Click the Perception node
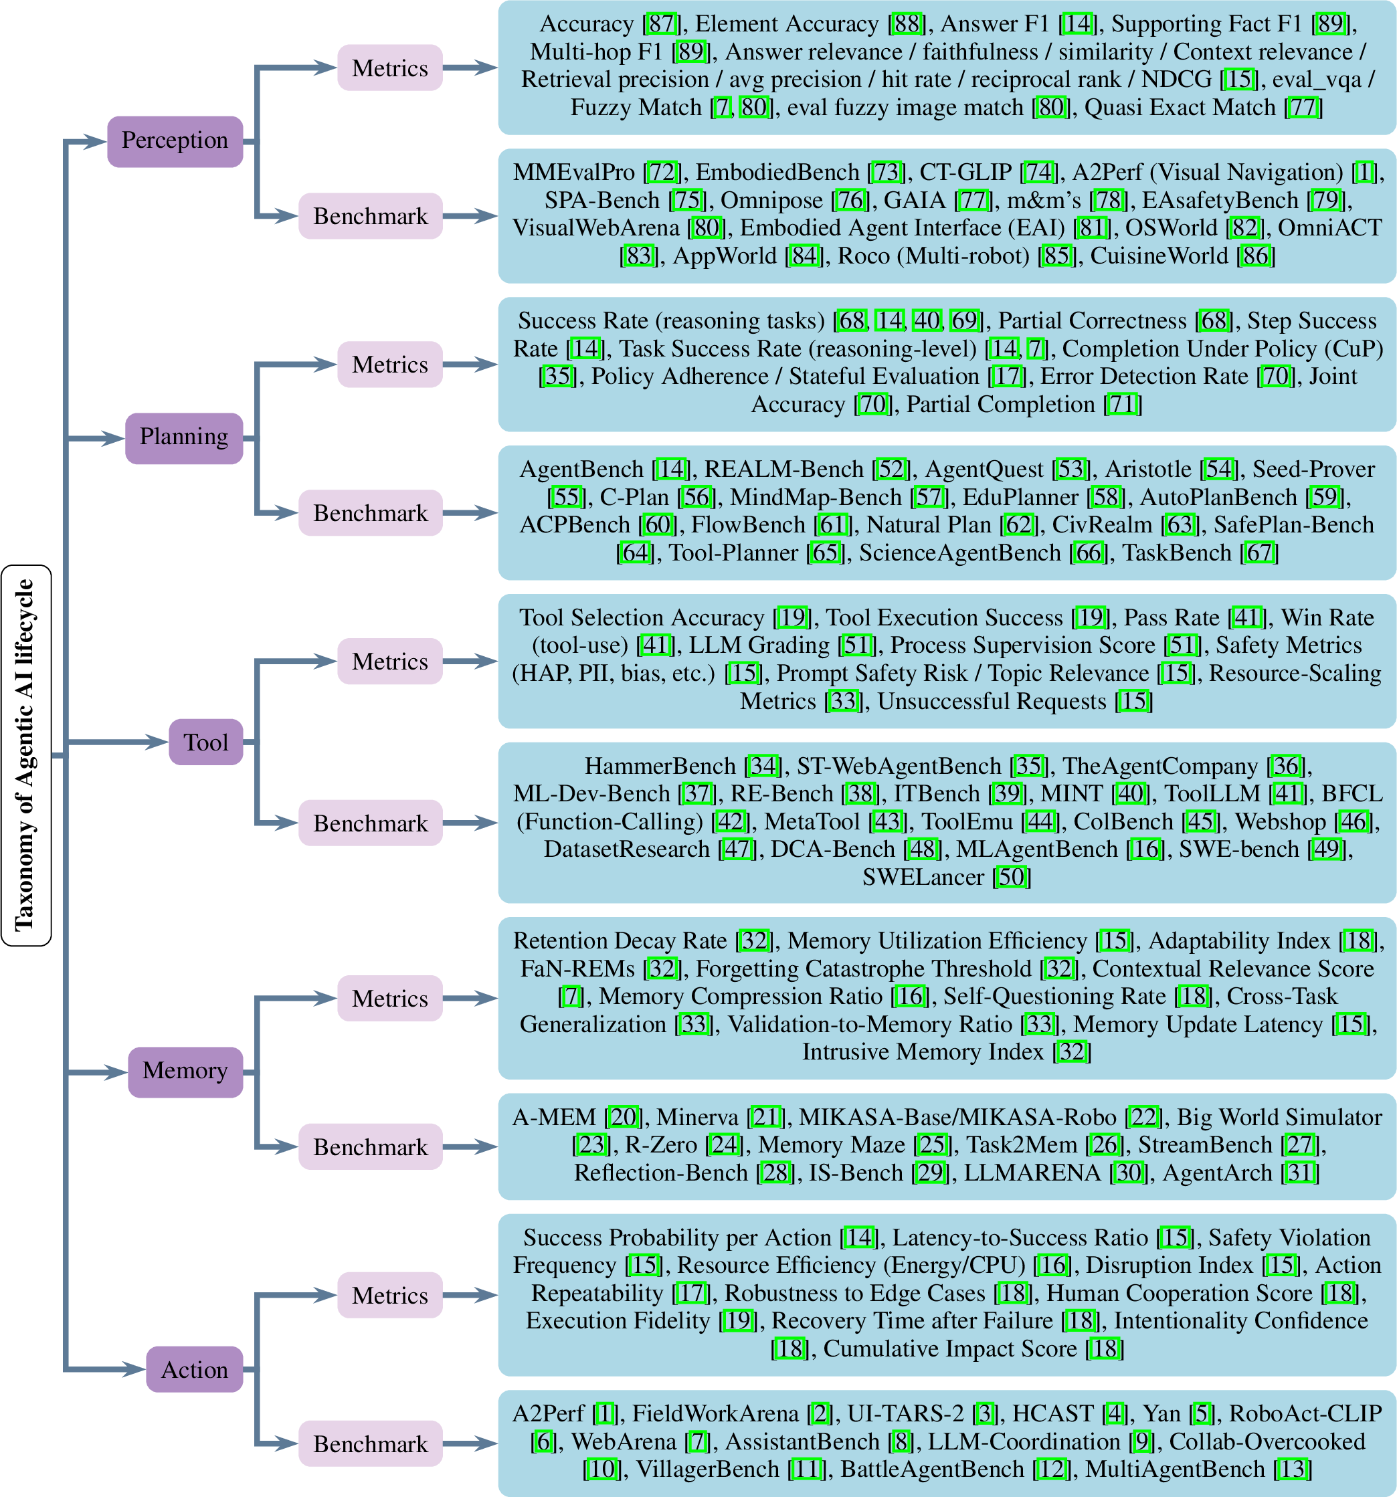tap(175, 140)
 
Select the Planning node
tap(184, 437)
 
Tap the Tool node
tap(205, 742)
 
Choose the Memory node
tap(185, 1071)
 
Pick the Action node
tap(194, 1370)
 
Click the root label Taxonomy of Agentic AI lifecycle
tap(25, 754)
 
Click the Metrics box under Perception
tap(389, 68)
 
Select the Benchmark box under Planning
tap(371, 513)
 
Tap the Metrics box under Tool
tap(389, 662)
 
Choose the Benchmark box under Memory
tap(371, 1146)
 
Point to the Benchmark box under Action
tap(371, 1443)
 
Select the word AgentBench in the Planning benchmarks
tap(581, 470)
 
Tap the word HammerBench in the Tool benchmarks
tap(660, 767)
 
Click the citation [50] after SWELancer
tap(1012, 877)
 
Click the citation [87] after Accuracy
tap(662, 24)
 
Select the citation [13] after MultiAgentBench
tap(1293, 1470)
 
